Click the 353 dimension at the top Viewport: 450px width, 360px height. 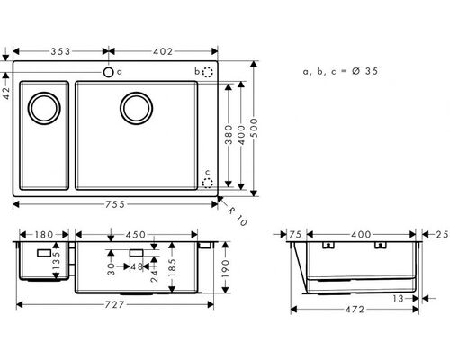click(x=60, y=51)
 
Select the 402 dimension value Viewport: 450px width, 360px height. click(x=163, y=51)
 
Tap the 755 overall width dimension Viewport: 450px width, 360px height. click(x=115, y=204)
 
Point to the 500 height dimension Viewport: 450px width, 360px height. click(x=255, y=128)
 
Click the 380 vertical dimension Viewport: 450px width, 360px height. click(x=229, y=135)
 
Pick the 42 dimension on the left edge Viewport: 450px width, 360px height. click(x=6, y=93)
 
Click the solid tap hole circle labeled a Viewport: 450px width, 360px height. click(x=108, y=72)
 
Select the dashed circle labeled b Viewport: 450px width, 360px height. click(x=208, y=72)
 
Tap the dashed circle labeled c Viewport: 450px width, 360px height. click(x=208, y=183)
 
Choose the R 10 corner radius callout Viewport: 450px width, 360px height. click(x=237, y=216)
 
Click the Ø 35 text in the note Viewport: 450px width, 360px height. click(x=364, y=71)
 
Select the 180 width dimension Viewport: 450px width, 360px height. click(x=44, y=235)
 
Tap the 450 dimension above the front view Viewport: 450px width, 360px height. click(x=136, y=235)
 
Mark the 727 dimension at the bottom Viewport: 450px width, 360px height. click(x=115, y=305)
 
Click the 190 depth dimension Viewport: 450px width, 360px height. click(x=226, y=267)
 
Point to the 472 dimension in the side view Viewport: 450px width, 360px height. click(x=355, y=310)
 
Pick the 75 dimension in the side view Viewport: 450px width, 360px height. click(x=295, y=235)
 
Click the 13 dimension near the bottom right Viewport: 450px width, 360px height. click(x=398, y=299)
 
